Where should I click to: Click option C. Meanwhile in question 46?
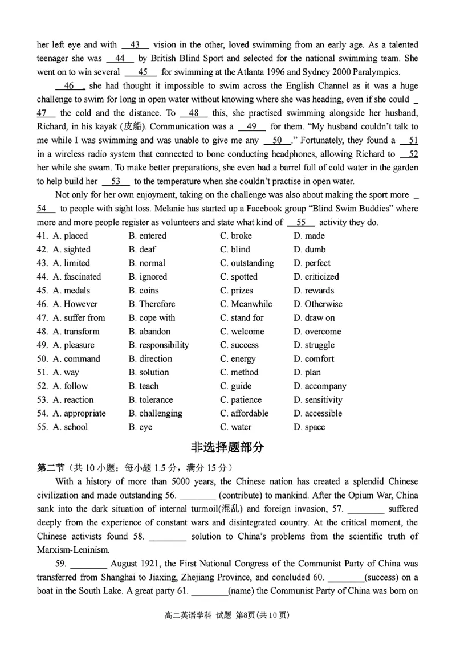246,304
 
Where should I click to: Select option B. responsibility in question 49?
158,345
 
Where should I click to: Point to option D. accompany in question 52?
320,386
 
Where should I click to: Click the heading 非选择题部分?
227,447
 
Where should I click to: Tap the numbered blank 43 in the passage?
135,44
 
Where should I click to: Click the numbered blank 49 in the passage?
252,126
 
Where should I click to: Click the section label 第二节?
49,468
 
